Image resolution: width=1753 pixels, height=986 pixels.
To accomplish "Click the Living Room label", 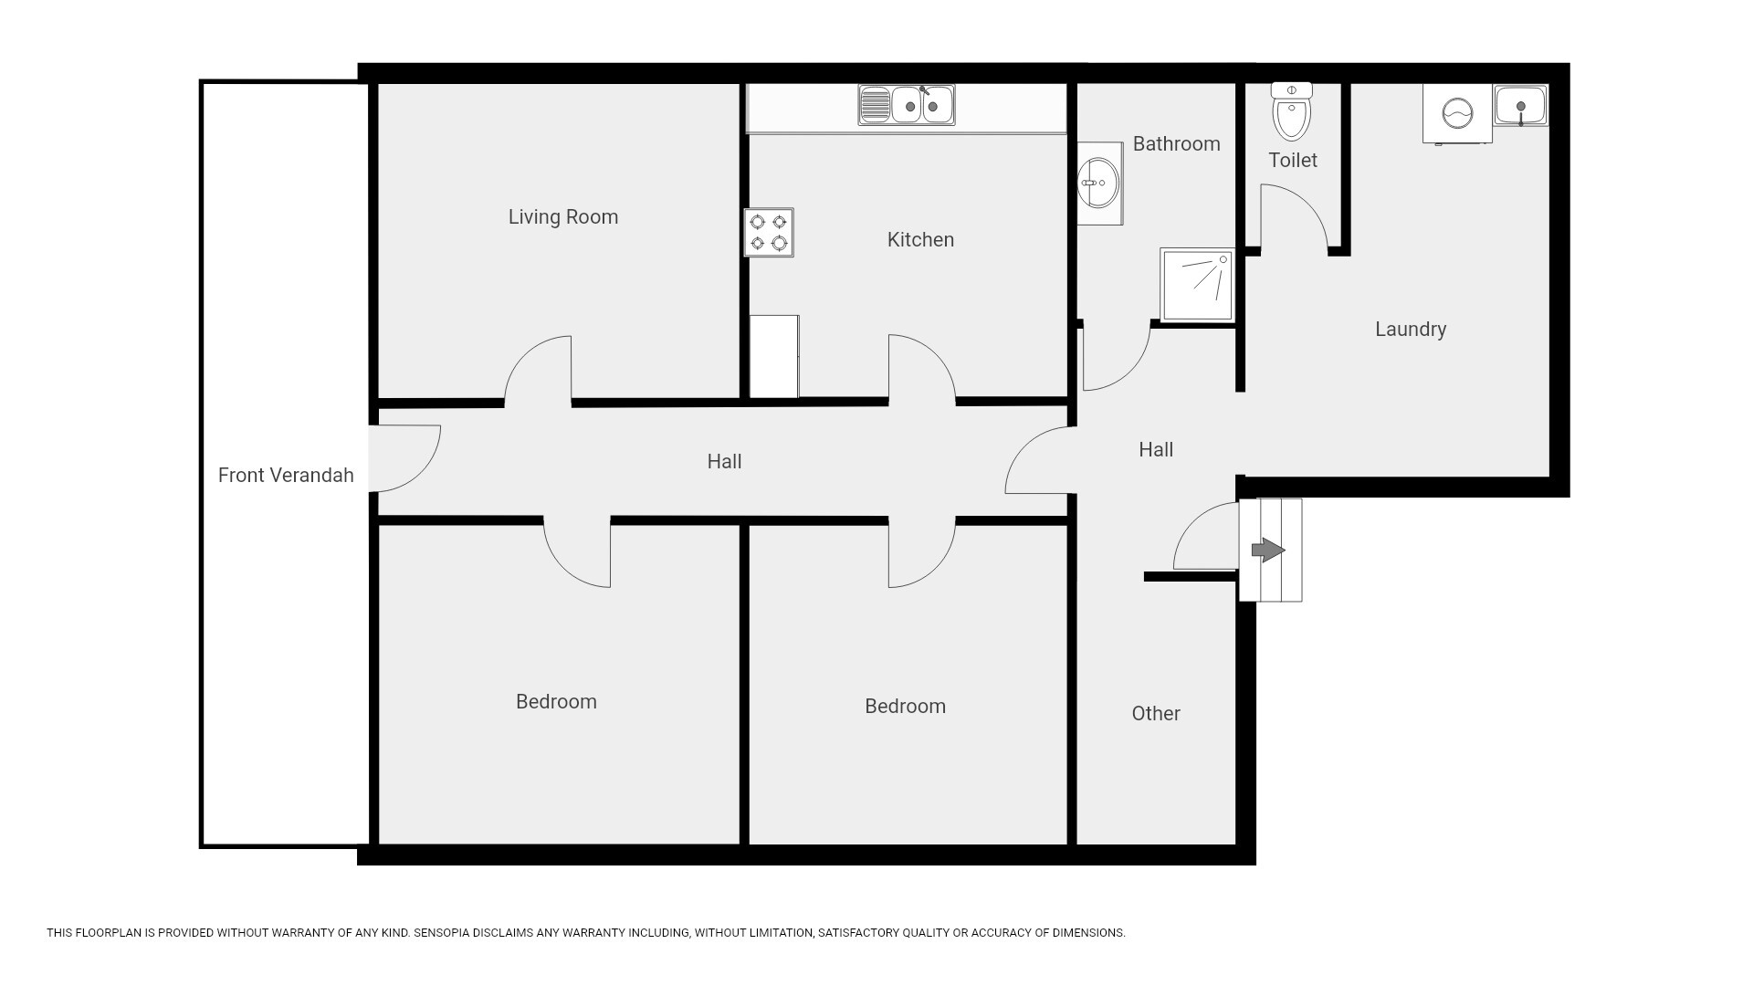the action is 563,217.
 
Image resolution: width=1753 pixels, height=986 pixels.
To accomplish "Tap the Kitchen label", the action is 920,240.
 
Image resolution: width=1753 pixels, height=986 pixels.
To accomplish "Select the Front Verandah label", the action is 286,476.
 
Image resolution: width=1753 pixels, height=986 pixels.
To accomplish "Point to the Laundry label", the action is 1411,330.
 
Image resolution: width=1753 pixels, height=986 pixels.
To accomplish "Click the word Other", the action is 1156,714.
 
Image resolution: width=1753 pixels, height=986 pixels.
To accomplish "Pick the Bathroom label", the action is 1176,144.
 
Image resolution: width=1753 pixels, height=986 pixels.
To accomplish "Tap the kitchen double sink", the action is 907,105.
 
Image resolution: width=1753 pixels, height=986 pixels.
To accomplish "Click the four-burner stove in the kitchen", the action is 769,233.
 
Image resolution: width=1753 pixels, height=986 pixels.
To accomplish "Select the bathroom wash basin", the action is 1099,184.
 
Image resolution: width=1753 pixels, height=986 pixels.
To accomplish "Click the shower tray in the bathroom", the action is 1197,285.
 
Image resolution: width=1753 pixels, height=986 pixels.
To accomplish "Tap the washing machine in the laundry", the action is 1457,114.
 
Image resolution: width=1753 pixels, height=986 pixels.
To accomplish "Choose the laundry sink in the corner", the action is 1521,106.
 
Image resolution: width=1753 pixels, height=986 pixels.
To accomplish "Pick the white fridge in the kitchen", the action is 774,357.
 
